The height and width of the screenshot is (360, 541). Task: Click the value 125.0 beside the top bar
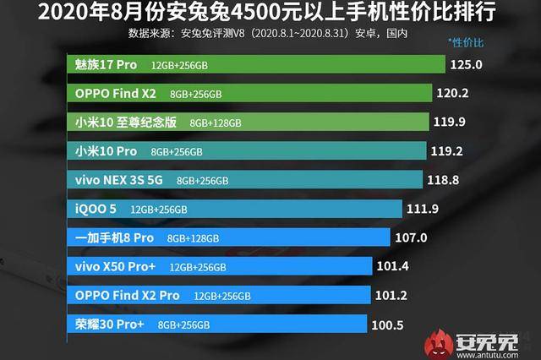(466, 64)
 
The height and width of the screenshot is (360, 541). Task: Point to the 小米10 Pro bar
(244, 151)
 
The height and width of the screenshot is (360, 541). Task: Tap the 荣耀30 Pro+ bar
(216, 325)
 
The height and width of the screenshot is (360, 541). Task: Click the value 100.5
(390, 325)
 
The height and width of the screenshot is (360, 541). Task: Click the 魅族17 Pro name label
(106, 64)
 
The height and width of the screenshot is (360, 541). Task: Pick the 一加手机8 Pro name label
(114, 237)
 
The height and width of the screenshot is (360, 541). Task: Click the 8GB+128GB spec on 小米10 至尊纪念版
(216, 123)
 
